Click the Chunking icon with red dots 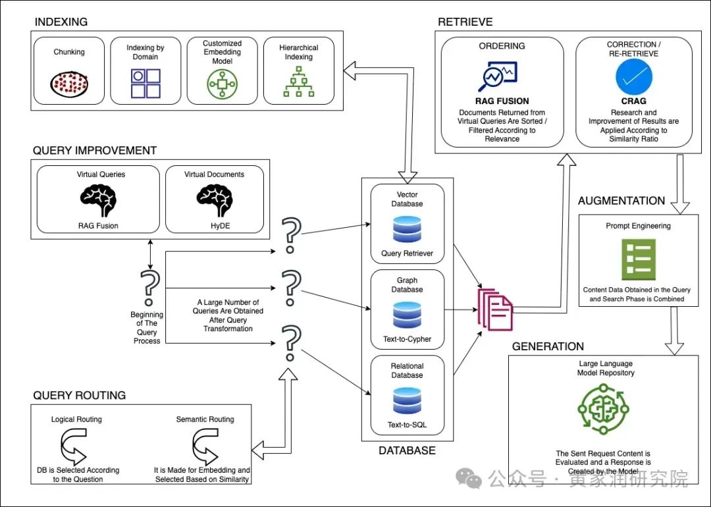(69, 83)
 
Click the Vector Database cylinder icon (407, 229)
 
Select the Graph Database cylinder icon (407, 315)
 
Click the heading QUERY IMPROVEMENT (95, 151)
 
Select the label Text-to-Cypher (407, 340)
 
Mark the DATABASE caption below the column (407, 451)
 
